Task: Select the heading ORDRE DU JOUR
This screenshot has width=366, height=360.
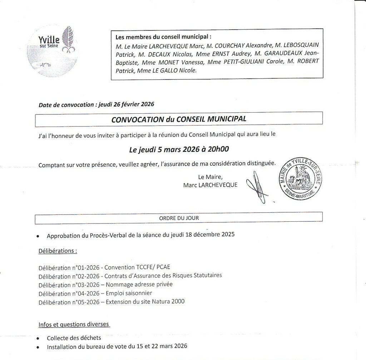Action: pyautogui.click(x=179, y=217)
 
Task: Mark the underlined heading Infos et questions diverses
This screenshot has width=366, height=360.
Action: pyautogui.click(x=74, y=324)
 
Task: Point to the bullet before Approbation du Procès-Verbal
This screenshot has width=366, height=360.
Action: pyautogui.click(x=38, y=236)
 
